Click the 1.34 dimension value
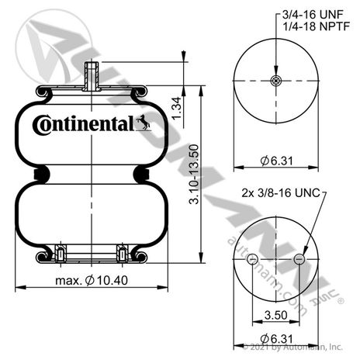[x=177, y=109]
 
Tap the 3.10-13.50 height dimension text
[x=194, y=175]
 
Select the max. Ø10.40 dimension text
[x=92, y=280]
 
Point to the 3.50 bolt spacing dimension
[x=275, y=315]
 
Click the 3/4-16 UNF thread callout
[x=313, y=15]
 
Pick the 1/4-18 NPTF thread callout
[x=316, y=26]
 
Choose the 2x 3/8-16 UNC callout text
[x=281, y=193]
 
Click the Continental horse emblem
[x=143, y=123]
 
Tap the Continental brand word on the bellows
[x=84, y=124]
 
